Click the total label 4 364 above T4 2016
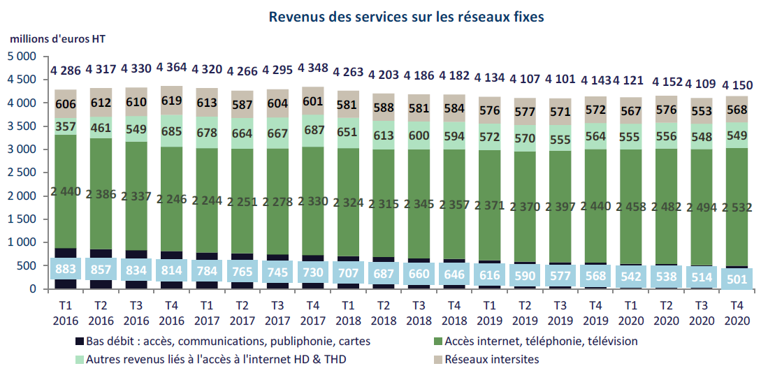click(171, 68)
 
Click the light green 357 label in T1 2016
click(66, 126)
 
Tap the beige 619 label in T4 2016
click(171, 101)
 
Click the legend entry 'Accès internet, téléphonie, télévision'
click(530, 342)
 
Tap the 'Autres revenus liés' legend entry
click(210, 360)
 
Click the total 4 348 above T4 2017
click(312, 68)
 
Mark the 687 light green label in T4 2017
click(312, 130)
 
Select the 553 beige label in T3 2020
click(702, 112)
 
